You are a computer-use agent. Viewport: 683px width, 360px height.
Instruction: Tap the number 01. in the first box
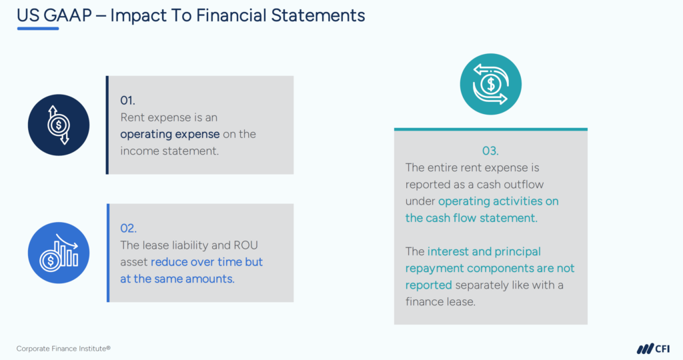127,100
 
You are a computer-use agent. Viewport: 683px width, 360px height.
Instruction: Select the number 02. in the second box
128,229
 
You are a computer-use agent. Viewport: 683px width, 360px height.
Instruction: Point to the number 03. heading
490,151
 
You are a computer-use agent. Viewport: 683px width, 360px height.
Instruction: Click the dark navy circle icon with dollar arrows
59,125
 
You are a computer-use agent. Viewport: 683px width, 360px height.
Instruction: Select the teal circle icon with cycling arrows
490,84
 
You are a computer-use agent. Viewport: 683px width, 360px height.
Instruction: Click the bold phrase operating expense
169,134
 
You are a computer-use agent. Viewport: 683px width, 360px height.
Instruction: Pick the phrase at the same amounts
177,279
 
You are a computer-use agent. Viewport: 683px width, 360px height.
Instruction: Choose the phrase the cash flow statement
471,217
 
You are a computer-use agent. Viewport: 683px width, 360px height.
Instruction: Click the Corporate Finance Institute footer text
63,348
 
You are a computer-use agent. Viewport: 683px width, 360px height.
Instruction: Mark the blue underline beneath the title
38,28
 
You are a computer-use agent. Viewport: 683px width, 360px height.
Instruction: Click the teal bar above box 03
490,129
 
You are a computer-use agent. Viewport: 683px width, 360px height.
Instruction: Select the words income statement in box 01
169,151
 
